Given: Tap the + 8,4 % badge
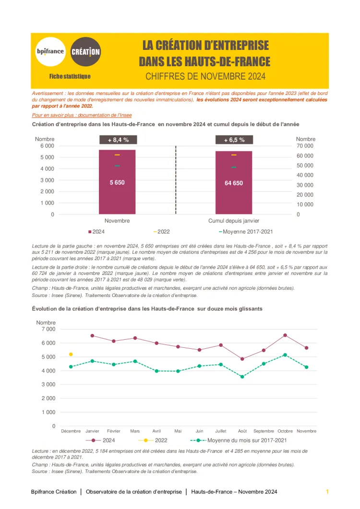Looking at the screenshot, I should pos(117,140).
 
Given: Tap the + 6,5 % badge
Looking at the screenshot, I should pos(234,140).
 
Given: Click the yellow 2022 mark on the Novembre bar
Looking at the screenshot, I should pos(117,155).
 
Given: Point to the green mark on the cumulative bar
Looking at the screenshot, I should pos(234,167).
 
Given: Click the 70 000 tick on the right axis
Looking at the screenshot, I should pos(305,146).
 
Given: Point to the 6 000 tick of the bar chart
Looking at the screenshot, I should pos(47,146).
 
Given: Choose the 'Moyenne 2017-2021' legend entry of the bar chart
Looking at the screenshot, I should pos(246,232).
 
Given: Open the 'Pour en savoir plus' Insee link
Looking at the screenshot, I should pos(82,115).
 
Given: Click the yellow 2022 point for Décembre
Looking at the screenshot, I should pos(71,354).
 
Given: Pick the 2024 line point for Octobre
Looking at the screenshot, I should pos(285,335).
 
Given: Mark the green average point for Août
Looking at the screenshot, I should pos(242,377).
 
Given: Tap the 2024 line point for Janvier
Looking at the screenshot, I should pos(92,336).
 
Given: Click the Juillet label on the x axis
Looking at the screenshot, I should pos(221,431).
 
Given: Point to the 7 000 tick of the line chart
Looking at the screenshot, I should pos(48,329).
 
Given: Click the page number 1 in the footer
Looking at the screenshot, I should pos(327,492).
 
